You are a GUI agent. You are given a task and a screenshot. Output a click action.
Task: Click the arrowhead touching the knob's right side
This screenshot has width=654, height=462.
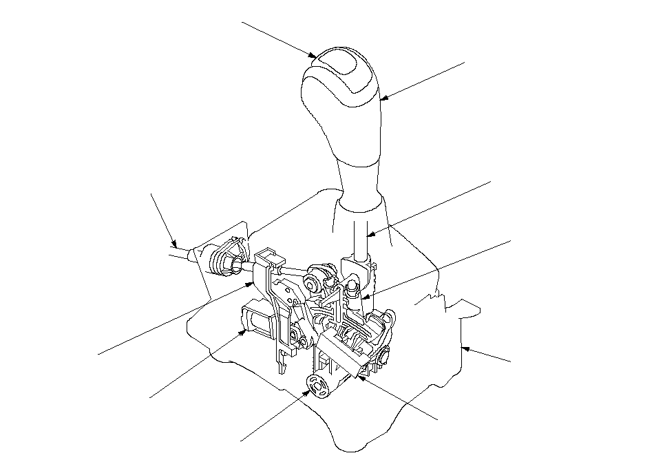coord(382,98)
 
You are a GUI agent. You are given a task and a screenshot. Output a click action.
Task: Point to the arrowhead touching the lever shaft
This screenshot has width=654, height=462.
coord(368,235)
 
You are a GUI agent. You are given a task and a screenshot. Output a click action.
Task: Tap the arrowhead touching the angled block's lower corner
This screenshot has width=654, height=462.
coord(359,376)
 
